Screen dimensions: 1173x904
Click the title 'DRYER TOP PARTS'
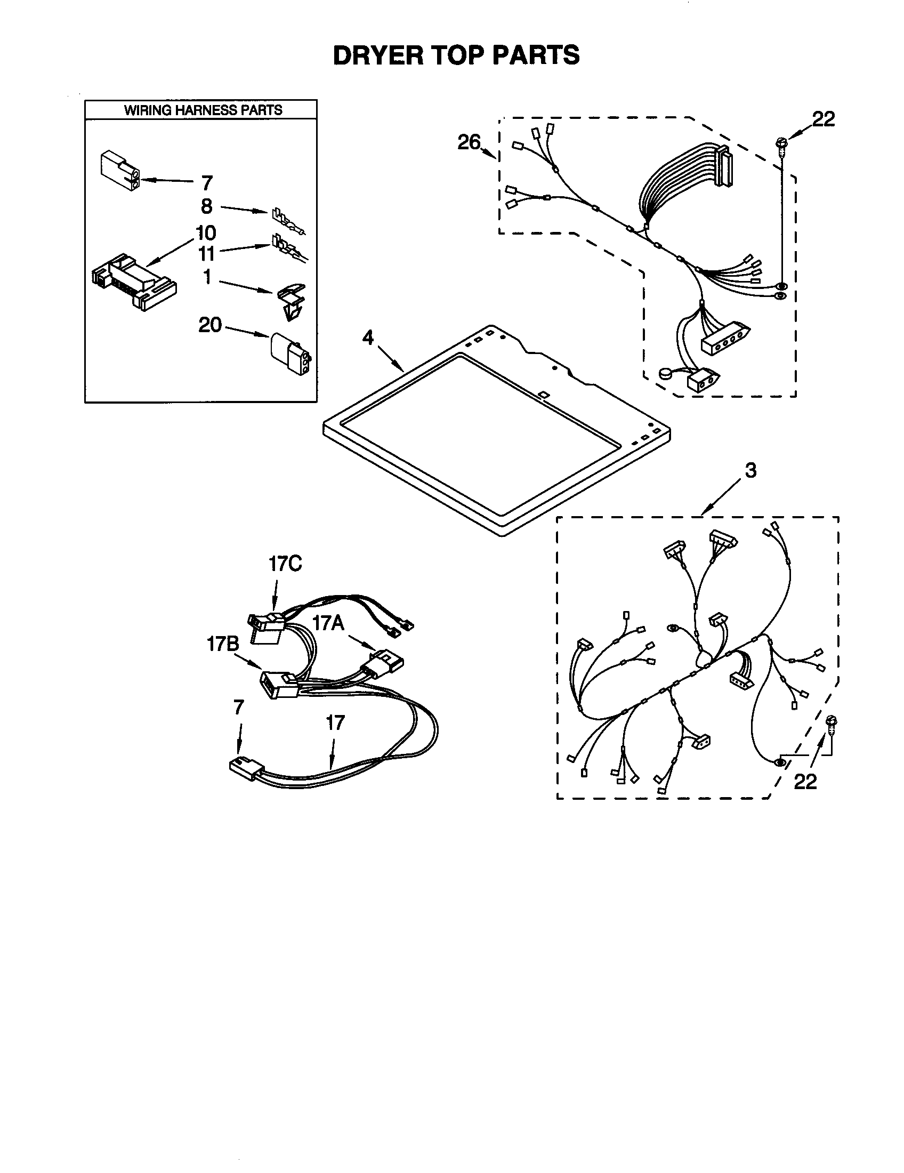click(456, 55)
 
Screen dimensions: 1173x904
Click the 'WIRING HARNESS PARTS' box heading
click(203, 110)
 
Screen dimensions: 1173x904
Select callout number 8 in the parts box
click(207, 206)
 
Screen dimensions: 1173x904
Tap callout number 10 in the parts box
click(206, 233)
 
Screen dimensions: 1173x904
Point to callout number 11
click(207, 253)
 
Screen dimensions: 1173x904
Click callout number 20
click(210, 325)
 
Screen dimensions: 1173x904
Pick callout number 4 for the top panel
click(368, 338)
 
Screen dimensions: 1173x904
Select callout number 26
click(469, 142)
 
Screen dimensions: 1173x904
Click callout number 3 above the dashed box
click(750, 470)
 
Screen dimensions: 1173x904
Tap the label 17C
click(285, 564)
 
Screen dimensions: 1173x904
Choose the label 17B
click(223, 644)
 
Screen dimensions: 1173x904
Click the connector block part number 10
click(134, 282)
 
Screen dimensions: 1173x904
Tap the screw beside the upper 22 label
click(781, 144)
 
